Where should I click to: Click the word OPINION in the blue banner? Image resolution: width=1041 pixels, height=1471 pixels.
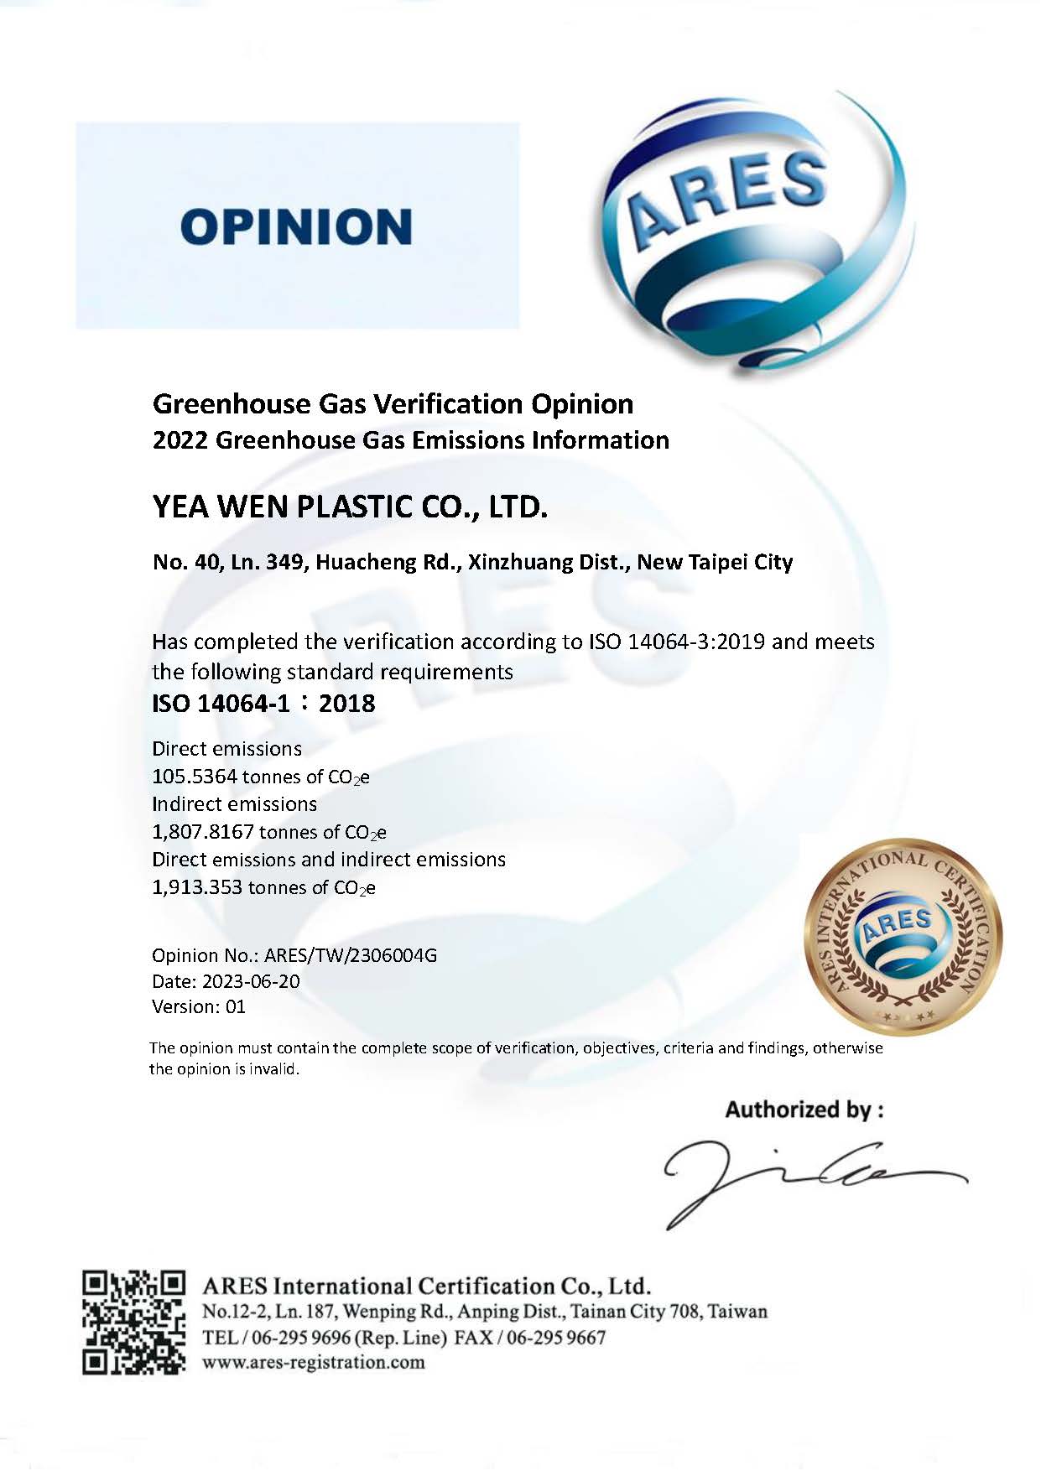[x=296, y=226]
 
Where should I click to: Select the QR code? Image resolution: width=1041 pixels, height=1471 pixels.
[x=133, y=1322]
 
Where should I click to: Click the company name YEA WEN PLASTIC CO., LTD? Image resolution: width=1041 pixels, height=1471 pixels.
[x=350, y=507]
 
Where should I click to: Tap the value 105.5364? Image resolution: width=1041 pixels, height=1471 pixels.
[x=195, y=777]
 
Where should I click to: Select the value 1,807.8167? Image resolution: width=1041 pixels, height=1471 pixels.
[x=203, y=832]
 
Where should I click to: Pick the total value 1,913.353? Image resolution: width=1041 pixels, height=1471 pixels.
[x=197, y=887]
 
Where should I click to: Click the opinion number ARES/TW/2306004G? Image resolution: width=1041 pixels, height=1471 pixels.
[x=351, y=955]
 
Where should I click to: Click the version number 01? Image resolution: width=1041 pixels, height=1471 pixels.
[x=236, y=1007]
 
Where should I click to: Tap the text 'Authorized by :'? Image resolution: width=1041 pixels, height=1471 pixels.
[x=804, y=1110]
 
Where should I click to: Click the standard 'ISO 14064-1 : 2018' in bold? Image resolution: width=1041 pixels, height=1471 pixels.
[x=263, y=703]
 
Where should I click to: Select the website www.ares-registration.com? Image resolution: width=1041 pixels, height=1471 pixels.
[x=314, y=1362]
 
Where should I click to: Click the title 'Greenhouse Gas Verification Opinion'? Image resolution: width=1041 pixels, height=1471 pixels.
[x=393, y=404]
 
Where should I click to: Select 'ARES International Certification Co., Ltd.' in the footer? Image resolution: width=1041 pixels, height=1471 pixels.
[x=427, y=1286]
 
